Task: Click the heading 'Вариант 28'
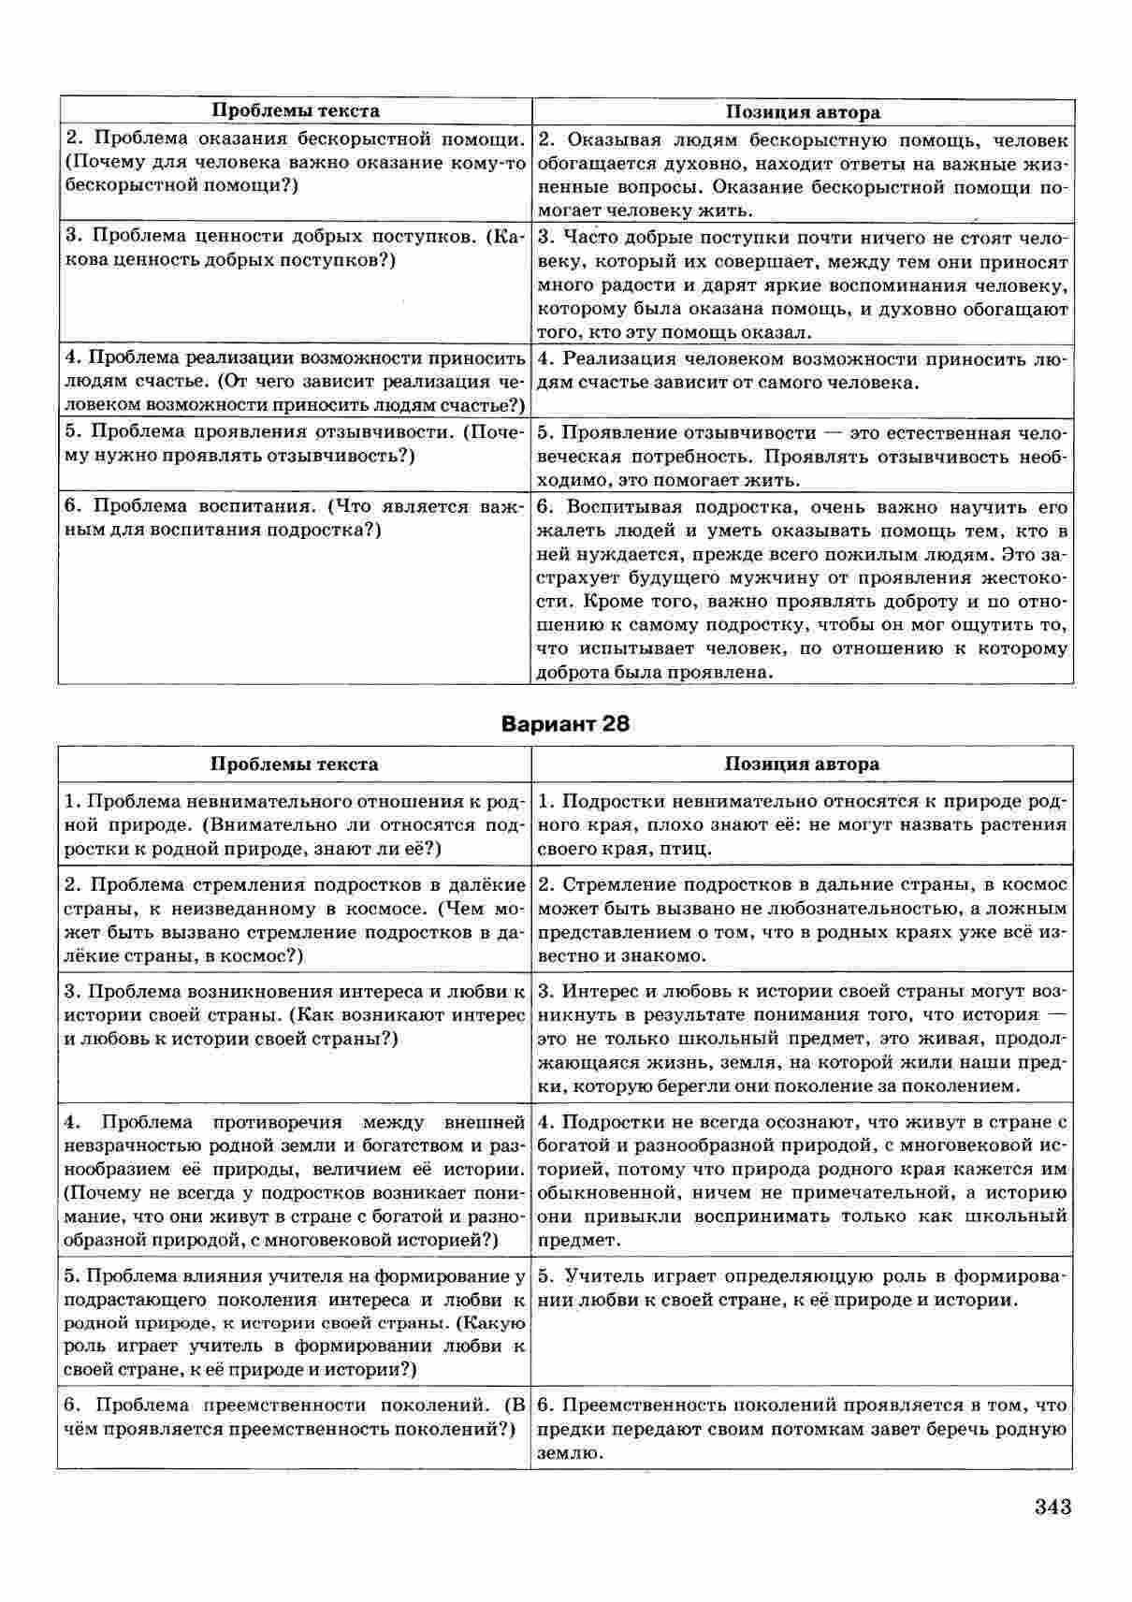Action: (565, 723)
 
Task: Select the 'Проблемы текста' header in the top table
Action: (296, 111)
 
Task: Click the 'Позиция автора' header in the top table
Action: (803, 112)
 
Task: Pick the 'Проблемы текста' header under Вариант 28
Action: (295, 765)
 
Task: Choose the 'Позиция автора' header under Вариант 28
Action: (802, 765)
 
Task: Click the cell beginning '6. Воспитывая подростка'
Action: (803, 590)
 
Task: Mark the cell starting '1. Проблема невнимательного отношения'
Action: (295, 824)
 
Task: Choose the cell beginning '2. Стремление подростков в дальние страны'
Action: (803, 920)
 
